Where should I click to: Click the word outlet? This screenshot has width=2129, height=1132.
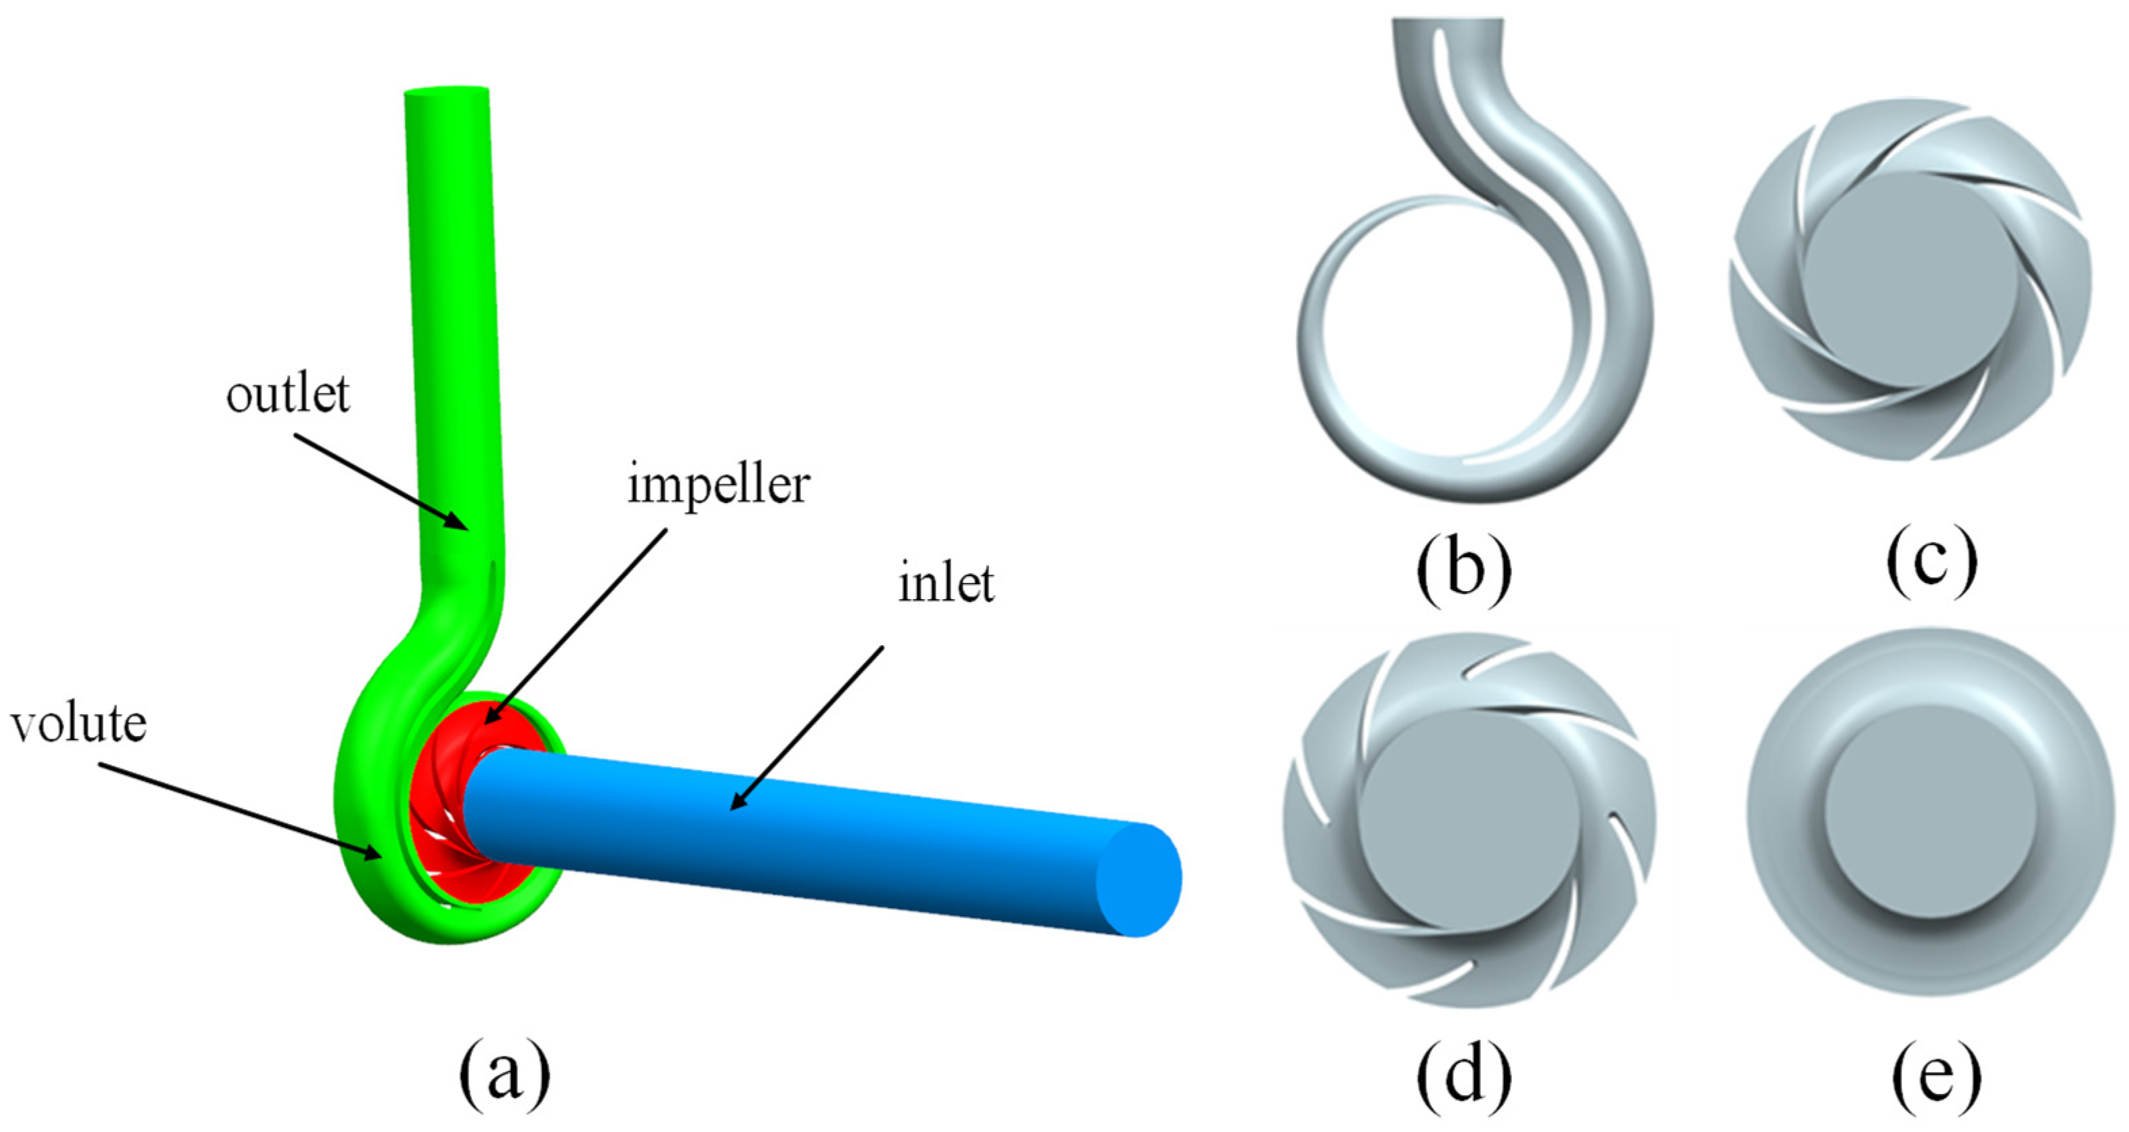(x=288, y=395)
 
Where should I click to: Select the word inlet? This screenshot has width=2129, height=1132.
(x=945, y=584)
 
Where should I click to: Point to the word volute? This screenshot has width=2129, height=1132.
(x=79, y=724)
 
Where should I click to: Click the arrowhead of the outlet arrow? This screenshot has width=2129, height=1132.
(x=463, y=525)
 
